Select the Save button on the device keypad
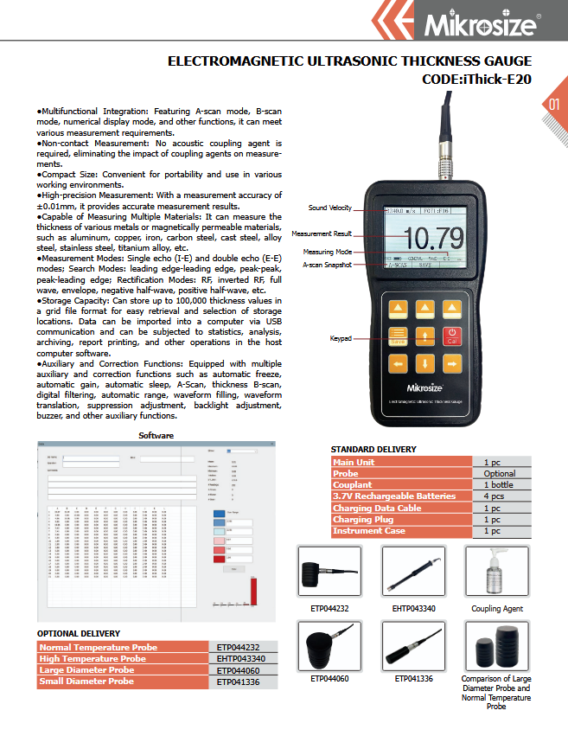pos(399,336)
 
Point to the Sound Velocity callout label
pos(330,208)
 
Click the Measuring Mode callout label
pos(327,252)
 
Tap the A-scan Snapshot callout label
pos(327,265)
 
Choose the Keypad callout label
pos(341,338)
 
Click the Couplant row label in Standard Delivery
pos(352,485)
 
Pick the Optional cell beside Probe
pos(499,474)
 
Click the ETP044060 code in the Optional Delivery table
pos(234,670)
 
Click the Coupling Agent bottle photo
pos(497,571)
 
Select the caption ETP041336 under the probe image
pos(413,679)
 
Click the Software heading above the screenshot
pos(156,435)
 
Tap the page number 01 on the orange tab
pos(554,106)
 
